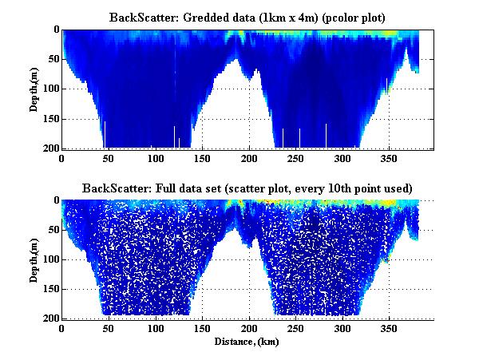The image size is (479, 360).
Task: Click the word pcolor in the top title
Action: pyautogui.click(x=317, y=17)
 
